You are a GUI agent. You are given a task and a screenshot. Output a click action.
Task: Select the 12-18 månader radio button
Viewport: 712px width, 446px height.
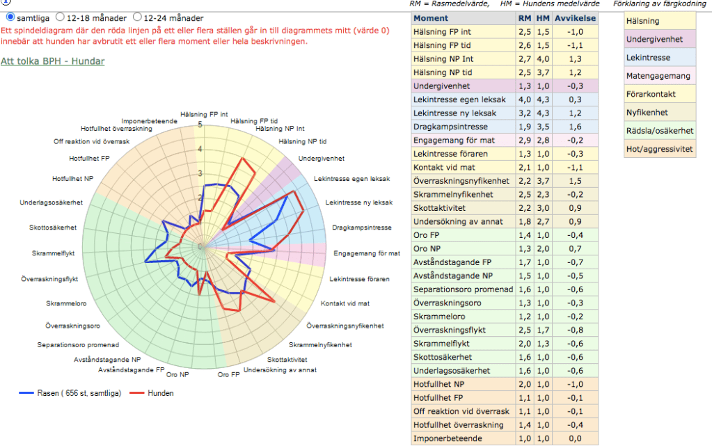pos(60,17)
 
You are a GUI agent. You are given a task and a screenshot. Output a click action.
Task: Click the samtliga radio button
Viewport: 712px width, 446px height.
pos(10,17)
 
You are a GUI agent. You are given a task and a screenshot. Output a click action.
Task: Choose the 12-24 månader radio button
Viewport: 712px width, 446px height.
pos(137,17)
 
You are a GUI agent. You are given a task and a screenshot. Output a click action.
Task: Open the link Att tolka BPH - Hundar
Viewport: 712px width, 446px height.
pos(53,61)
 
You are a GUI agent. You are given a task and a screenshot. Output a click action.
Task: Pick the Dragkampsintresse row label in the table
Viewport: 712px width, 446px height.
pos(450,127)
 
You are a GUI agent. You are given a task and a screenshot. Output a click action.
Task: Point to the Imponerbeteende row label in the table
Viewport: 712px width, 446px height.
pos(448,439)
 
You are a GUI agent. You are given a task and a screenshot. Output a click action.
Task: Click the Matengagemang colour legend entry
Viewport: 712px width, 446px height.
pos(658,76)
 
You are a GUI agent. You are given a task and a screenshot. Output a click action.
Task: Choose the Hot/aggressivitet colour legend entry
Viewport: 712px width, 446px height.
pos(658,149)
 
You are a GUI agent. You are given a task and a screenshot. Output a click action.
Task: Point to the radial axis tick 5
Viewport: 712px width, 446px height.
pos(200,125)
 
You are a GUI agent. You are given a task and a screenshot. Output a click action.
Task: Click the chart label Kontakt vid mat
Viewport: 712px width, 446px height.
pos(345,303)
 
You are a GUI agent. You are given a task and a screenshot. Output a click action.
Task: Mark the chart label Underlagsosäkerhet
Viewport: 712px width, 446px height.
pos(52,202)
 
